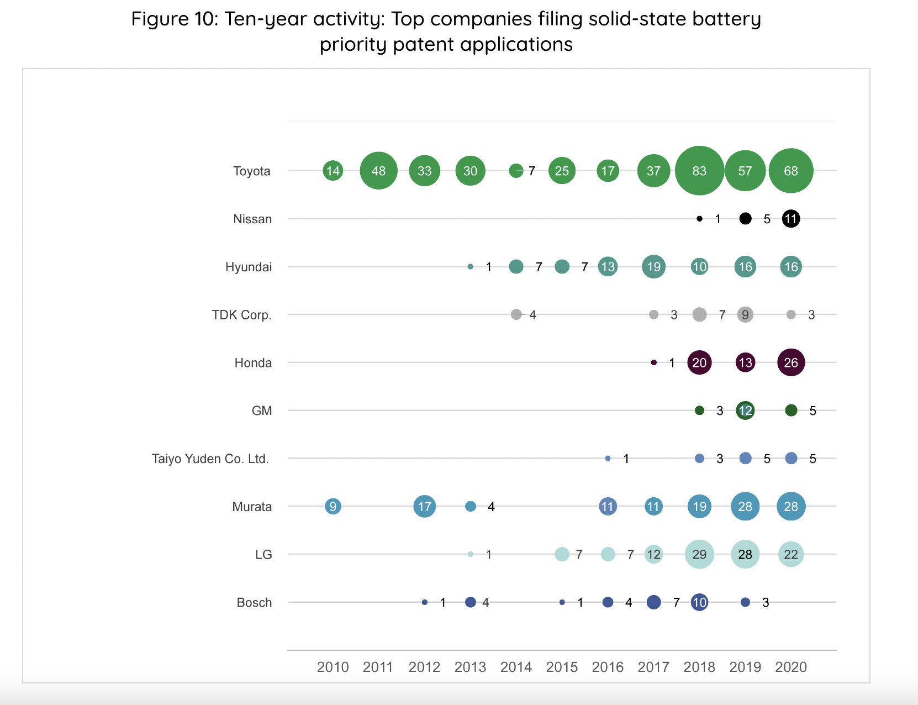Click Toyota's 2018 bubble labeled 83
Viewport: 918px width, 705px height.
pyautogui.click(x=699, y=171)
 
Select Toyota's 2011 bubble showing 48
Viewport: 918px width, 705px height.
pyautogui.click(x=378, y=171)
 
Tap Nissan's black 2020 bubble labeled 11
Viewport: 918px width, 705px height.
pyautogui.click(x=791, y=219)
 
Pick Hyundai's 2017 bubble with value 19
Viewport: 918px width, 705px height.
pyautogui.click(x=653, y=266)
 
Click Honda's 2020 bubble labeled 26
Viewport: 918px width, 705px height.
pyautogui.click(x=791, y=362)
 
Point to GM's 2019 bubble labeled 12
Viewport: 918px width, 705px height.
pyautogui.click(x=745, y=410)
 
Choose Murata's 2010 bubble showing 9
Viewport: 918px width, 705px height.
pyautogui.click(x=333, y=506)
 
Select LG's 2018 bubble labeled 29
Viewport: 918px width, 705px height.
pyautogui.click(x=699, y=554)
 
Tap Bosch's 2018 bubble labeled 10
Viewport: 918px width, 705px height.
pyautogui.click(x=699, y=602)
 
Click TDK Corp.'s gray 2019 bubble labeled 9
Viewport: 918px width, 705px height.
pyautogui.click(x=745, y=315)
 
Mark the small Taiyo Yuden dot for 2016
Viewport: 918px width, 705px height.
pyautogui.click(x=608, y=459)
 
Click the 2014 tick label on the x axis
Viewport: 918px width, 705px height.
pyautogui.click(x=516, y=667)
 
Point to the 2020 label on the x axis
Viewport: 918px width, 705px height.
pyautogui.click(x=791, y=667)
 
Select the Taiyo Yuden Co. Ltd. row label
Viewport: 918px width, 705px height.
pyautogui.click(x=210, y=459)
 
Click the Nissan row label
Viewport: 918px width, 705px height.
pyautogui.click(x=252, y=219)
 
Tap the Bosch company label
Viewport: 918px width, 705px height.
pyautogui.click(x=254, y=602)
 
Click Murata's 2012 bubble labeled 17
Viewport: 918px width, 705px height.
pyautogui.click(x=425, y=506)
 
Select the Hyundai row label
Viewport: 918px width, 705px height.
pyautogui.click(x=249, y=267)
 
